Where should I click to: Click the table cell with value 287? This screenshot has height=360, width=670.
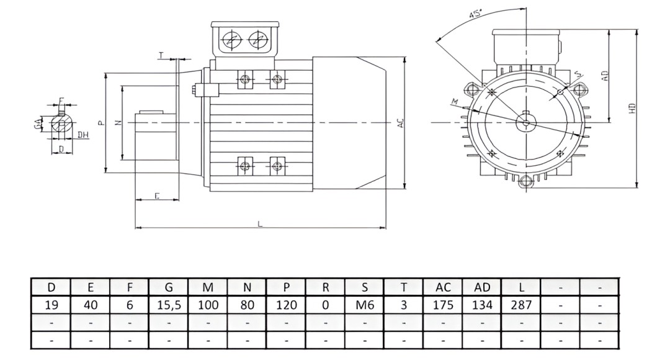(520, 305)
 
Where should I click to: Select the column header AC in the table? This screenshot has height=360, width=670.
(442, 288)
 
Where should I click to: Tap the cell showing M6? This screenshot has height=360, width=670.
(364, 305)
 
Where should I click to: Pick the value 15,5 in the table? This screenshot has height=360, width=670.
(169, 305)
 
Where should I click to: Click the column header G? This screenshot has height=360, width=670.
(169, 288)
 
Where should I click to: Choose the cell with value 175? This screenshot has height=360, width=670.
(442, 305)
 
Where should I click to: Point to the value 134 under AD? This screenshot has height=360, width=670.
(481, 305)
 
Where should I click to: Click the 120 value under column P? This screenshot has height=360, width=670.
(286, 305)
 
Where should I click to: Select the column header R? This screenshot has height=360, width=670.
(325, 288)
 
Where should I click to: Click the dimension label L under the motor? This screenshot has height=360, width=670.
(260, 223)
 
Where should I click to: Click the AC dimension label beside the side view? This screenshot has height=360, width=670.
(401, 123)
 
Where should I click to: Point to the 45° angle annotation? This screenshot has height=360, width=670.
(477, 15)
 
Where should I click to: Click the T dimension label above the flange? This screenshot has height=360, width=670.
(162, 56)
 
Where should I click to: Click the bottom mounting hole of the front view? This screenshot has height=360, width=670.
(526, 181)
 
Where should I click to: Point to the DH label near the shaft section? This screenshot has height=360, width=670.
(83, 134)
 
